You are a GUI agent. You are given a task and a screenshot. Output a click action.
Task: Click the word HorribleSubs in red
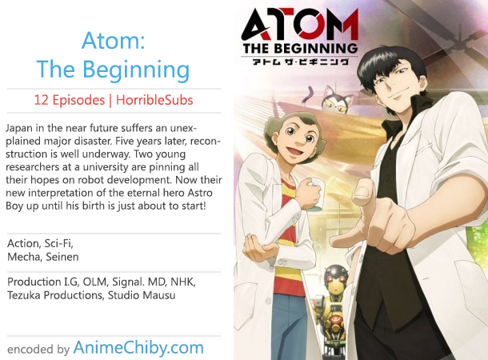click(x=154, y=100)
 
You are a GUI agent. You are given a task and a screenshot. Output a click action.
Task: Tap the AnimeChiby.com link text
click(x=138, y=348)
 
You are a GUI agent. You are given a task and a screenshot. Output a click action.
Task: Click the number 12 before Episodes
click(x=41, y=100)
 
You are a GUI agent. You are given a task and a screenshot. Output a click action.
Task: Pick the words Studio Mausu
click(x=142, y=295)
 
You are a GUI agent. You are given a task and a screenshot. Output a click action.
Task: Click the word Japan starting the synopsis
click(x=18, y=129)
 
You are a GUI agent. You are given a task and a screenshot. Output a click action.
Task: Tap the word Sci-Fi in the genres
click(x=59, y=244)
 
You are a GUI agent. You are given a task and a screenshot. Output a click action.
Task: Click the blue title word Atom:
click(x=114, y=41)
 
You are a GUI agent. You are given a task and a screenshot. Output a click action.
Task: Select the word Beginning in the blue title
click(x=136, y=70)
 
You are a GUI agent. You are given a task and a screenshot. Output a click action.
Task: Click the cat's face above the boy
click(x=335, y=102)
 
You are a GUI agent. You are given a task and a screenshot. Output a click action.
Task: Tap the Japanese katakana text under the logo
click(x=300, y=61)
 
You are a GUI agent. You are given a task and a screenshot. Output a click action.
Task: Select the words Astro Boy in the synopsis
click(x=109, y=199)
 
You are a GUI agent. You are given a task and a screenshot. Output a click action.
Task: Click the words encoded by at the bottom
click(x=38, y=350)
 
